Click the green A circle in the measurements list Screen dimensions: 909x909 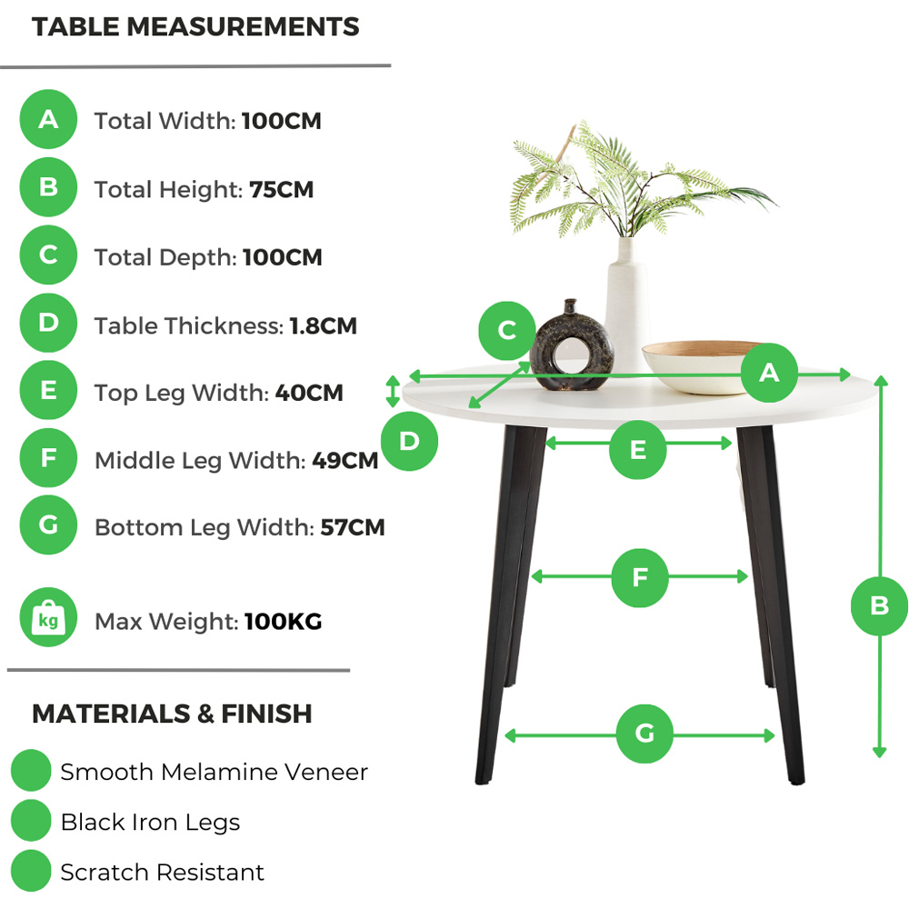(48, 119)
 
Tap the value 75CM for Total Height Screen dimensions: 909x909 (281, 190)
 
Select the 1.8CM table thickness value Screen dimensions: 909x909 (323, 325)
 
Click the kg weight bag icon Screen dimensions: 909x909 (48, 619)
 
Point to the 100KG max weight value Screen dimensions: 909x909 (283, 623)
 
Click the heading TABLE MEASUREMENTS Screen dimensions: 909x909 (195, 27)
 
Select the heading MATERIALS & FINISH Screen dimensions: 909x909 (172, 714)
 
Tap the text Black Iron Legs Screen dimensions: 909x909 (150, 823)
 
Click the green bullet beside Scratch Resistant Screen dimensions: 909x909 (31, 872)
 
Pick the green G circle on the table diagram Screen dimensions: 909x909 (644, 734)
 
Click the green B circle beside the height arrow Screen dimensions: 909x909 (878, 605)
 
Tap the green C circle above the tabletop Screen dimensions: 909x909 (507, 331)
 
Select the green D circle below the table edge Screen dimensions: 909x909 (409, 442)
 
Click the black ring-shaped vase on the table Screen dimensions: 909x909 (561, 350)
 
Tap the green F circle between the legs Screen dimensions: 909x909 (639, 578)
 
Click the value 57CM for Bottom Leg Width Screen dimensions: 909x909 (353, 528)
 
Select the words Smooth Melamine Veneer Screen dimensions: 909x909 (214, 773)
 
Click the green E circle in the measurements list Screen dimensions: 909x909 (48, 391)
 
